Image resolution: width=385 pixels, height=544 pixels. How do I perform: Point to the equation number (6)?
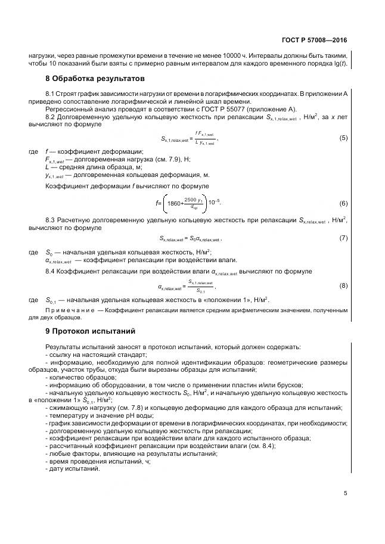click(x=343, y=203)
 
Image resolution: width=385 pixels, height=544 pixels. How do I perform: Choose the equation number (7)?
click(x=343, y=238)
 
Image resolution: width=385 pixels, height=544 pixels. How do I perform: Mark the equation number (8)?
click(x=343, y=286)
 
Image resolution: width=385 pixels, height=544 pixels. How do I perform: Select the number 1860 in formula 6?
click(x=175, y=203)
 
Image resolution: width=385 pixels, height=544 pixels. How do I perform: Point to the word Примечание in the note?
click(x=70, y=310)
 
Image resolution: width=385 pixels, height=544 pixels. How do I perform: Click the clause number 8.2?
click(x=51, y=117)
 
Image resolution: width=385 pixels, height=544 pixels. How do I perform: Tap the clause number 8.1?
click(x=51, y=94)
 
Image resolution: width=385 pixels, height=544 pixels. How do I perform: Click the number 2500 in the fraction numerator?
click(x=191, y=199)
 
